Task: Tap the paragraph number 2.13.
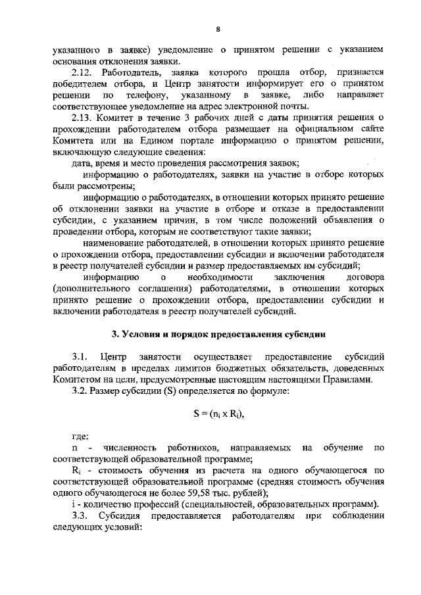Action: pyautogui.click(x=84, y=117)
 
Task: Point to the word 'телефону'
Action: pyautogui.click(x=145, y=97)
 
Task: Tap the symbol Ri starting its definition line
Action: pyautogui.click(x=76, y=471)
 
